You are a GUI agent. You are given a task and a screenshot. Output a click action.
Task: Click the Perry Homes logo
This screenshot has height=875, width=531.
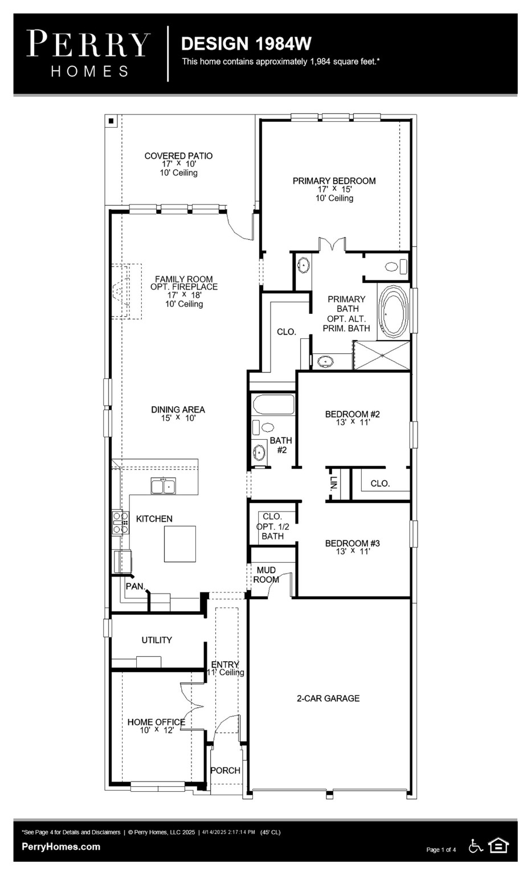pos(88,54)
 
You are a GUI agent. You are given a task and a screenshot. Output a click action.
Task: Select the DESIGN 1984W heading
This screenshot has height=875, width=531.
pos(246,44)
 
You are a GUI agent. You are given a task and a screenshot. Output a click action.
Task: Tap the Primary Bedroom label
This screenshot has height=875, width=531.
pos(334,181)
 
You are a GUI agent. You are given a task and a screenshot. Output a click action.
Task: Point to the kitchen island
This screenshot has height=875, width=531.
pos(180,543)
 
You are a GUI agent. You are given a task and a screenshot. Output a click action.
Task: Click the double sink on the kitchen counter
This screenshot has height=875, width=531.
pos(164,486)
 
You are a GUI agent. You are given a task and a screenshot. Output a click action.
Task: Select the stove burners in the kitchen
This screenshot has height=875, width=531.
pos(120,522)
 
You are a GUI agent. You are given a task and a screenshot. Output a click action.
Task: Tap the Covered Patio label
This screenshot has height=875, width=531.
pos(178,156)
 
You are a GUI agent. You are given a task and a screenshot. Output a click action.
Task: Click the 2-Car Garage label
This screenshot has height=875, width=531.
pos(328,698)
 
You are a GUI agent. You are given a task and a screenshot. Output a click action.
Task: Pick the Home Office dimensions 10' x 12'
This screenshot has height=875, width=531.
pos(157,730)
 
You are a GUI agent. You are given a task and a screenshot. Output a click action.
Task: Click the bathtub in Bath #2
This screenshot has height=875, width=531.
pos(273,405)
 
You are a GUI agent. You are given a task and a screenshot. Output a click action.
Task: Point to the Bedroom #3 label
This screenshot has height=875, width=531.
pos(352,543)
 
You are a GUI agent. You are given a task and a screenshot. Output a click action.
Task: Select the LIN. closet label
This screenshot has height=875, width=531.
pos(334,483)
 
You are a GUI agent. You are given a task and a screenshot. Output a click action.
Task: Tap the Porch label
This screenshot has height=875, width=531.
pos(225,770)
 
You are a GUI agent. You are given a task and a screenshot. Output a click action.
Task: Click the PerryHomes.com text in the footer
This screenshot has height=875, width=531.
pos(61,847)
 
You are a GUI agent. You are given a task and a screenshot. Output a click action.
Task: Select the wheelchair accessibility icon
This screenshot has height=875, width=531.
pos(475,846)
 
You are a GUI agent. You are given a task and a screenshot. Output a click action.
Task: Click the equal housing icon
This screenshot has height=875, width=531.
pos(499,846)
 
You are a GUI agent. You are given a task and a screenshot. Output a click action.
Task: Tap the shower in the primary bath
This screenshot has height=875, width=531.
pos(382,355)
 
